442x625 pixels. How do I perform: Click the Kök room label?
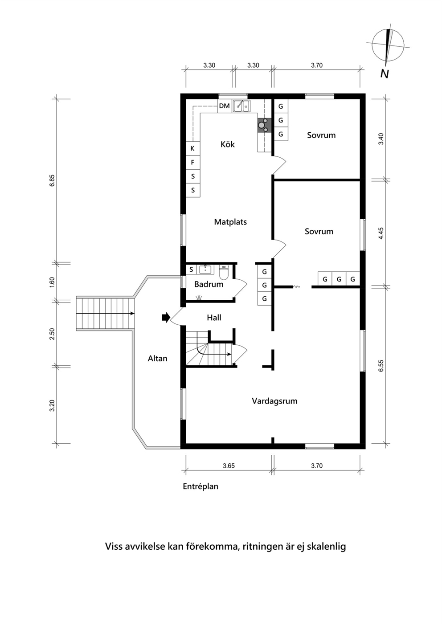click(x=227, y=144)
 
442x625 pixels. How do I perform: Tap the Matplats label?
click(x=230, y=222)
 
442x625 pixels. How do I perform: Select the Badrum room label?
click(x=209, y=284)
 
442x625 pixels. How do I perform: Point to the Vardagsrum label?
click(x=274, y=401)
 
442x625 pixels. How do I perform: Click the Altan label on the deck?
click(x=157, y=359)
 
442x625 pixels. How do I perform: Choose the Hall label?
click(x=214, y=318)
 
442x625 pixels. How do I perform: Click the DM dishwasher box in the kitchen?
click(x=225, y=106)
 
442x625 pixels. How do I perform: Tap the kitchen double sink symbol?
click(x=242, y=106)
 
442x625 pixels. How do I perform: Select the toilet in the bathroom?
click(x=224, y=272)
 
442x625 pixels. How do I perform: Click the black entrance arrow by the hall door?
click(x=166, y=317)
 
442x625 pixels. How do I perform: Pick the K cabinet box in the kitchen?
click(x=192, y=149)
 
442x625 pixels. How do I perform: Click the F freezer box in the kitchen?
click(x=192, y=163)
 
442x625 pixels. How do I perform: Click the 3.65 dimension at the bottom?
click(x=229, y=466)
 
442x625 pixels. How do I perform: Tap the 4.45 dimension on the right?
click(x=381, y=233)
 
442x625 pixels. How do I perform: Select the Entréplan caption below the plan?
click(x=201, y=487)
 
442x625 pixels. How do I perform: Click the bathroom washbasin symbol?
click(x=205, y=270)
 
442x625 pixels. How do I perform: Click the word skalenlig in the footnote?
click(x=326, y=546)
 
